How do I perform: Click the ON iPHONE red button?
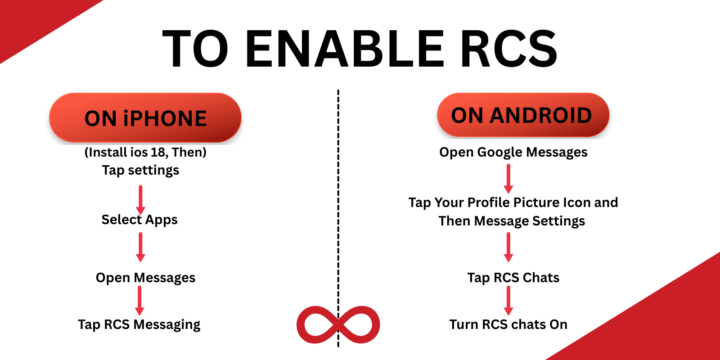click(x=145, y=118)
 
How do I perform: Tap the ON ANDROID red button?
click(x=522, y=116)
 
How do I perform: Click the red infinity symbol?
click(x=338, y=325)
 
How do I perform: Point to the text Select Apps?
click(x=139, y=220)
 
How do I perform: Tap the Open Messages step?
click(x=145, y=278)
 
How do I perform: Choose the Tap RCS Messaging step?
click(x=139, y=324)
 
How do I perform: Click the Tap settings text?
click(x=140, y=170)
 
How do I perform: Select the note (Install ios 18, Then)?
click(x=145, y=152)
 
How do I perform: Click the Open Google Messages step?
click(x=513, y=152)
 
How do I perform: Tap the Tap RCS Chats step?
click(x=513, y=278)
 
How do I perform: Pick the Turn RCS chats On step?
click(x=508, y=324)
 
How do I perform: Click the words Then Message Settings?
click(x=512, y=221)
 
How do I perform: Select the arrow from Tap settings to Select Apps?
click(x=140, y=200)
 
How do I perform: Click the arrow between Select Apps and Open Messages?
click(x=140, y=247)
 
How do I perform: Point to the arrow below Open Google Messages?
click(x=508, y=179)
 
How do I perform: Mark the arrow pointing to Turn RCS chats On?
click(x=508, y=300)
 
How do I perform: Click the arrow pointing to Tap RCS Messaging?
click(x=140, y=300)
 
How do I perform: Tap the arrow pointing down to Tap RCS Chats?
click(x=508, y=247)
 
